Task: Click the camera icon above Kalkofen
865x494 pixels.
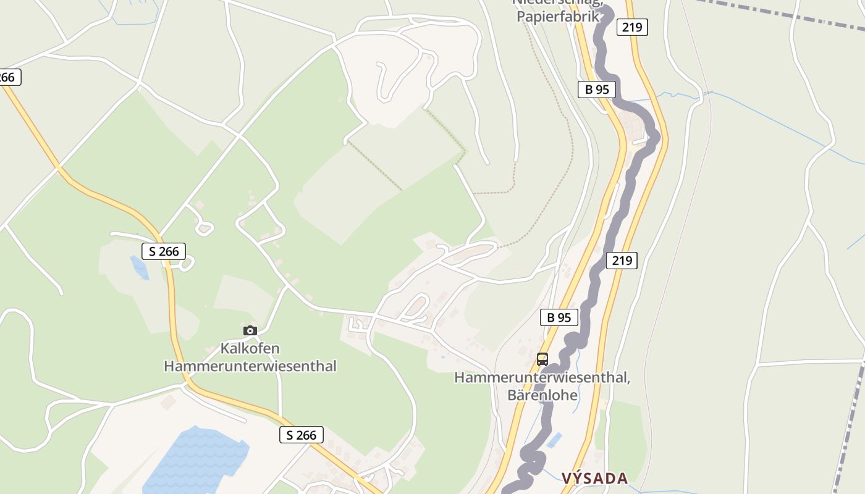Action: pyautogui.click(x=250, y=331)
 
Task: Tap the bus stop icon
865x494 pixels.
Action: pyautogui.click(x=542, y=359)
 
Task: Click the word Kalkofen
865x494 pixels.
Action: pyautogui.click(x=250, y=348)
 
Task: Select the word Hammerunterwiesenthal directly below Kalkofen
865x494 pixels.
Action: pyautogui.click(x=250, y=366)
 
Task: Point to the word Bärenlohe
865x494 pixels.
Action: pyautogui.click(x=542, y=395)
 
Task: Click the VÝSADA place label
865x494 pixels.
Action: pyautogui.click(x=594, y=478)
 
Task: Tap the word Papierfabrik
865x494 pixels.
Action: pyautogui.click(x=558, y=16)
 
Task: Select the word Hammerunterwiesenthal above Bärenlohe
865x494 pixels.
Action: pyautogui.click(x=542, y=377)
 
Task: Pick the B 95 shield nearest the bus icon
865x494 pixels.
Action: pyautogui.click(x=559, y=317)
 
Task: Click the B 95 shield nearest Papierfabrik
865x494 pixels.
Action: pyautogui.click(x=597, y=89)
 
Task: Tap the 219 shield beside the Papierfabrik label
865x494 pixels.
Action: pyautogui.click(x=631, y=27)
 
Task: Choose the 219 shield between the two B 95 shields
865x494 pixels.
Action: pyautogui.click(x=622, y=261)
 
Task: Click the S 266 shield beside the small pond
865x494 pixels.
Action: pyautogui.click(x=164, y=251)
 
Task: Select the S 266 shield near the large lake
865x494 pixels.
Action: pyautogui.click(x=302, y=435)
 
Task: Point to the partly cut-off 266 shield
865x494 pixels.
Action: pyautogui.click(x=9, y=77)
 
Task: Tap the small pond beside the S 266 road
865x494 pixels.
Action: pyautogui.click(x=139, y=267)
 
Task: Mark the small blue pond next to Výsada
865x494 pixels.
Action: pyautogui.click(x=554, y=440)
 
